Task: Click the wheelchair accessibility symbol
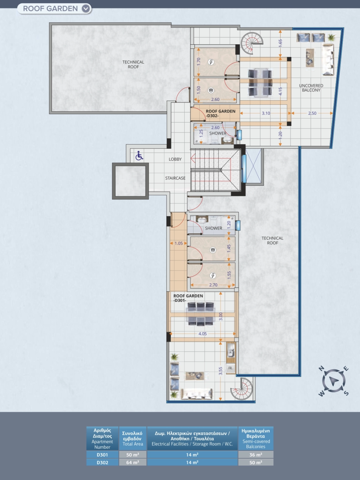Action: (x=139, y=156)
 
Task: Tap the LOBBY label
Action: (x=175, y=159)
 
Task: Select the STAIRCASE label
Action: (x=175, y=178)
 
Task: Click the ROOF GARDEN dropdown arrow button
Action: (x=86, y=8)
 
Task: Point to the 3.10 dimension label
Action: (x=266, y=113)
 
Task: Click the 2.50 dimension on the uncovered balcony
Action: (x=312, y=113)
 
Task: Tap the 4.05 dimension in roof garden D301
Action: (x=202, y=334)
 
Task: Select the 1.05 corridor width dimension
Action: (x=178, y=243)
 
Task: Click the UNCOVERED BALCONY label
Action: (x=311, y=88)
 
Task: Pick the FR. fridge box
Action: (x=230, y=368)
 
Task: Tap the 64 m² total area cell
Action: (x=133, y=462)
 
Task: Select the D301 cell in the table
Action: (x=102, y=455)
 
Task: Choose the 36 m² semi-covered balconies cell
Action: (x=256, y=455)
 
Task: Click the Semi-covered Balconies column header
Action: (x=256, y=438)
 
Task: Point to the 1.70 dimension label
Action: (x=199, y=62)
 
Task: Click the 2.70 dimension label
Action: (x=213, y=285)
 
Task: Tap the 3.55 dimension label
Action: (x=220, y=371)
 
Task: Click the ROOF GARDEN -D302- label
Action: (x=220, y=113)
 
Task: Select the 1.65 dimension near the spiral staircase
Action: (x=280, y=43)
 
